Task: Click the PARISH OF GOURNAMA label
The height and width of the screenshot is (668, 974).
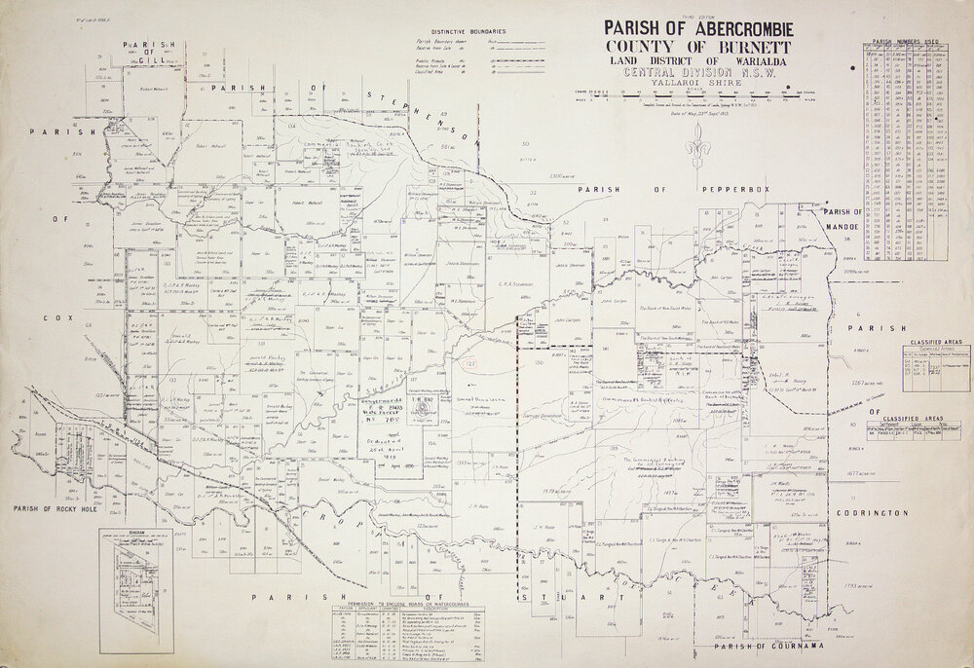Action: pyautogui.click(x=768, y=647)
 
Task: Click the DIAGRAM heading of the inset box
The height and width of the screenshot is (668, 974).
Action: pyautogui.click(x=134, y=533)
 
